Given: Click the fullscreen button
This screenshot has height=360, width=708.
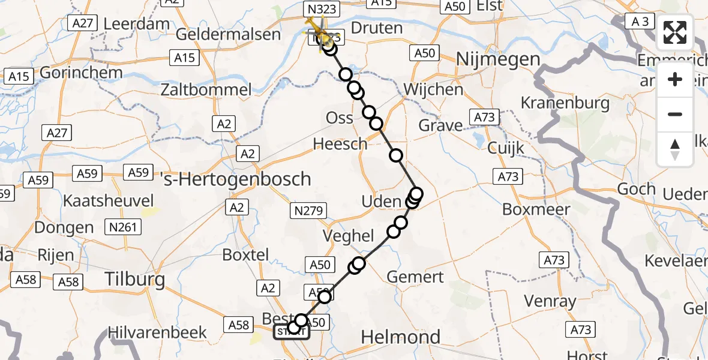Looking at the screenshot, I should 675,32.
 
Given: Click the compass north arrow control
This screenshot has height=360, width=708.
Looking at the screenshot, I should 675,149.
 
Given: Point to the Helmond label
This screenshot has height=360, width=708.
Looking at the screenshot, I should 401,337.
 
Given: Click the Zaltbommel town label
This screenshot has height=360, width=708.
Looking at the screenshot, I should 205,91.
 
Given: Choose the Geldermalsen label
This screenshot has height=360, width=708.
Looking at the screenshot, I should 228,34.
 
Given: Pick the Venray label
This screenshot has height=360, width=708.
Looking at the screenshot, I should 550,301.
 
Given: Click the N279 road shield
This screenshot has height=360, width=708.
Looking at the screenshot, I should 309,211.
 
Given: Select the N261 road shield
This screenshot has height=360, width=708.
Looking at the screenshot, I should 122,227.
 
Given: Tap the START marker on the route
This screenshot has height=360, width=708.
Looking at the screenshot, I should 292,331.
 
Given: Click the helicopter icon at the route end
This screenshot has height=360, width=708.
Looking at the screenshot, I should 316,28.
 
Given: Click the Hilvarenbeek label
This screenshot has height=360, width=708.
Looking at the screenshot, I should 157,332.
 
